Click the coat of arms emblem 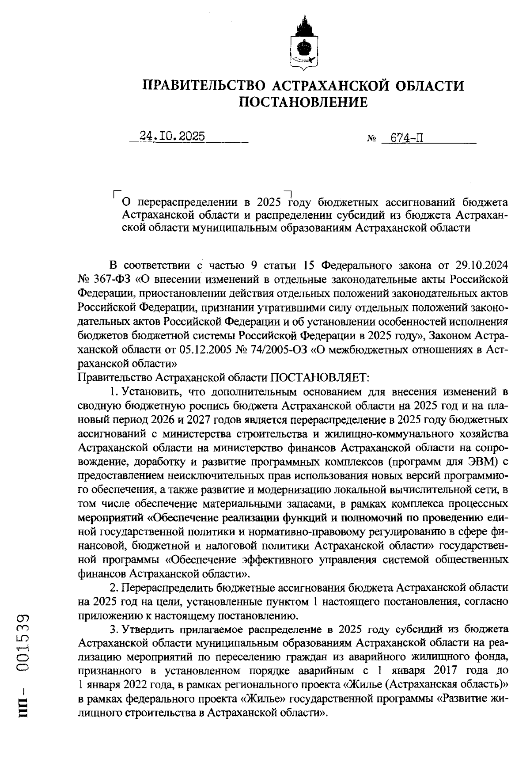[303, 46]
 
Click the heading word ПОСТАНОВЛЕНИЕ [303, 102]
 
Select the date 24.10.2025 [172, 137]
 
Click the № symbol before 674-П [371, 139]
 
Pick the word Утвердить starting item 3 [150, 629]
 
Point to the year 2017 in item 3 [450, 670]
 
